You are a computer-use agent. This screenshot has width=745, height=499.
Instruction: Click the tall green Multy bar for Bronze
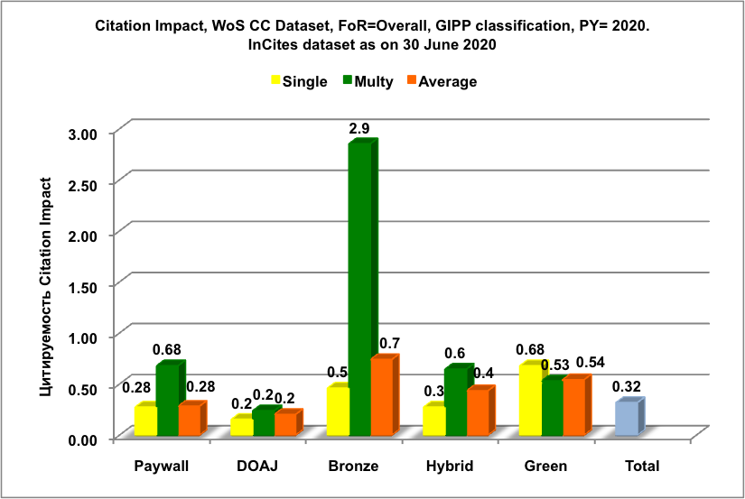360,289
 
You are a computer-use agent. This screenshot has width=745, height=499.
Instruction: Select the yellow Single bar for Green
529,401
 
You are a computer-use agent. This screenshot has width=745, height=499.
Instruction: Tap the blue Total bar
628,419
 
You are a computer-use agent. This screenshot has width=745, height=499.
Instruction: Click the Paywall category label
161,467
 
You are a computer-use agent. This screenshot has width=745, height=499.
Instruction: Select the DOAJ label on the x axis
257,467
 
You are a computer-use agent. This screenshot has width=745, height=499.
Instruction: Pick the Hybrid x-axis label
448,467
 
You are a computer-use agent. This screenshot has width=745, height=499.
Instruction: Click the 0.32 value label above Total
627,386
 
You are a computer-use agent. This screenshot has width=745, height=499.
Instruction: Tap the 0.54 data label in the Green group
591,363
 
